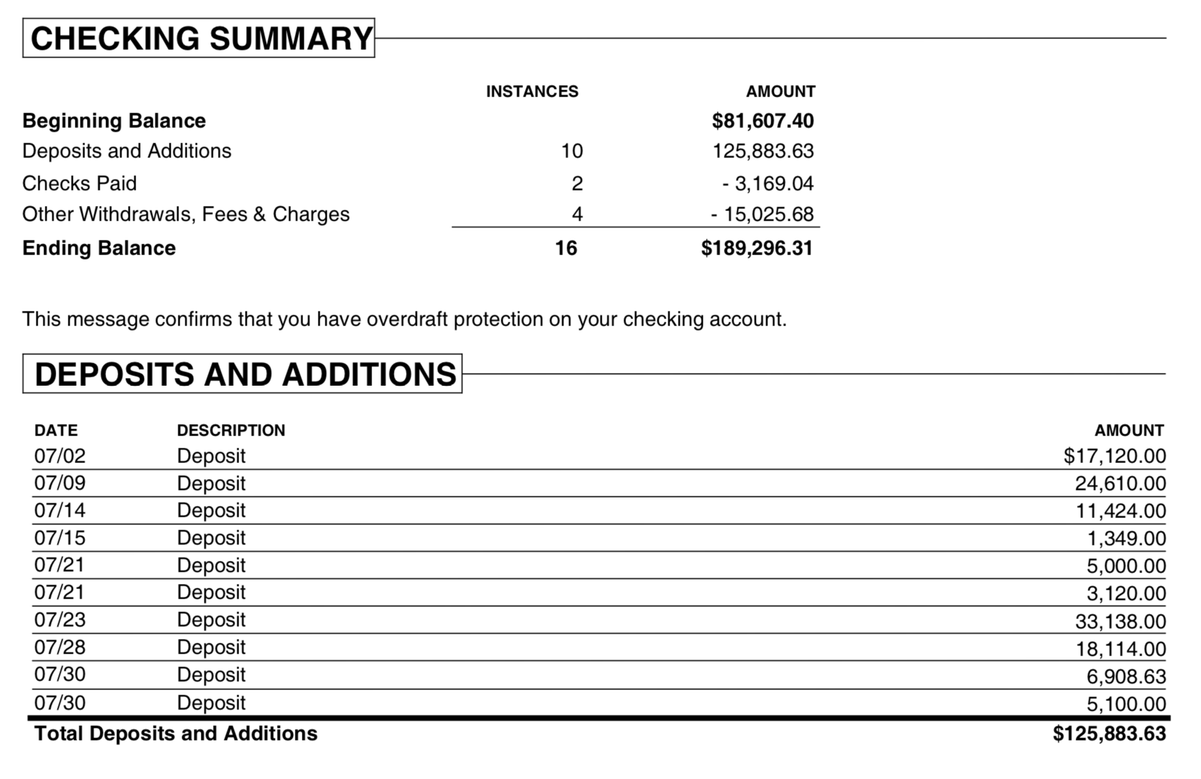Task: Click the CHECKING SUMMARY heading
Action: [201, 38]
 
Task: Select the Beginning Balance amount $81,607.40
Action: [762, 120]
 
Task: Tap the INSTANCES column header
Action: [531, 91]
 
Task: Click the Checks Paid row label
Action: [79, 184]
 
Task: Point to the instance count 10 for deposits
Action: [571, 151]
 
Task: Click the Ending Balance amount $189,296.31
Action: [757, 248]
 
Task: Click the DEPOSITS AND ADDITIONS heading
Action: [245, 374]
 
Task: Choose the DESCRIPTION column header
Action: [231, 430]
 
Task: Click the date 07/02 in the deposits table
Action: [59, 455]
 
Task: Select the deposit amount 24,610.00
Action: [1120, 483]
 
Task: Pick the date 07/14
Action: [59, 510]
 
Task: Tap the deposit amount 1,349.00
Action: [1126, 538]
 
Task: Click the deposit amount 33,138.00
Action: [1120, 620]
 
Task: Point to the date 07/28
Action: [59, 647]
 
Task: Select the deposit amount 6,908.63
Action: [1126, 676]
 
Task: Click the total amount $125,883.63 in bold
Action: [1109, 733]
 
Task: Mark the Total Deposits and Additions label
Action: [176, 733]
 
